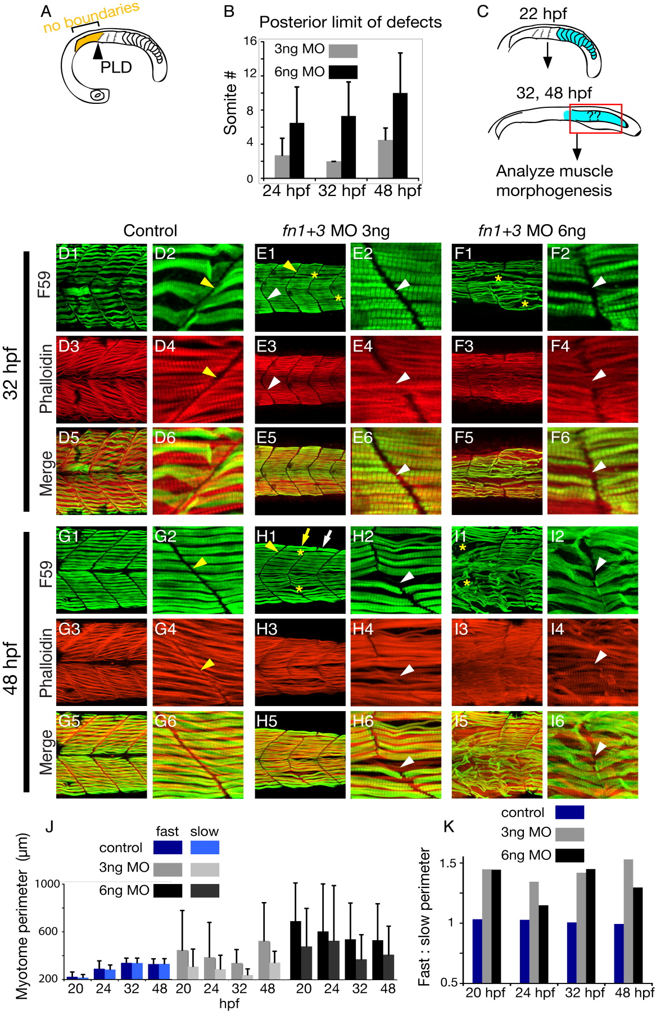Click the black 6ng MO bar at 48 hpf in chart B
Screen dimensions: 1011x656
tap(400, 136)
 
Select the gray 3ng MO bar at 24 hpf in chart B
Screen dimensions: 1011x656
tap(282, 167)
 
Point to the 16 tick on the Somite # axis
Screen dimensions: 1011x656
tap(250, 41)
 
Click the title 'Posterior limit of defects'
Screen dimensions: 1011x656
tap(350, 22)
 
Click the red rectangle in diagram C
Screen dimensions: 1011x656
tap(595, 119)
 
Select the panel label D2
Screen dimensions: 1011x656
tap(165, 253)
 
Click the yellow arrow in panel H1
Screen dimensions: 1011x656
tap(305, 538)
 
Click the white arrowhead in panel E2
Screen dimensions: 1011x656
tap(402, 285)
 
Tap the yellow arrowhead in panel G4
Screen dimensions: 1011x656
tap(208, 664)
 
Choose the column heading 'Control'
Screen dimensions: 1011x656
tap(150, 231)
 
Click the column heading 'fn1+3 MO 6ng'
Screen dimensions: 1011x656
tap(531, 231)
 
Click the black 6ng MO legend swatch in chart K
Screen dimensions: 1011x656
tap(569, 855)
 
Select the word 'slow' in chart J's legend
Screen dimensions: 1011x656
tap(204, 831)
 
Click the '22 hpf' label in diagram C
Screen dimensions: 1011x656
tap(543, 13)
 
